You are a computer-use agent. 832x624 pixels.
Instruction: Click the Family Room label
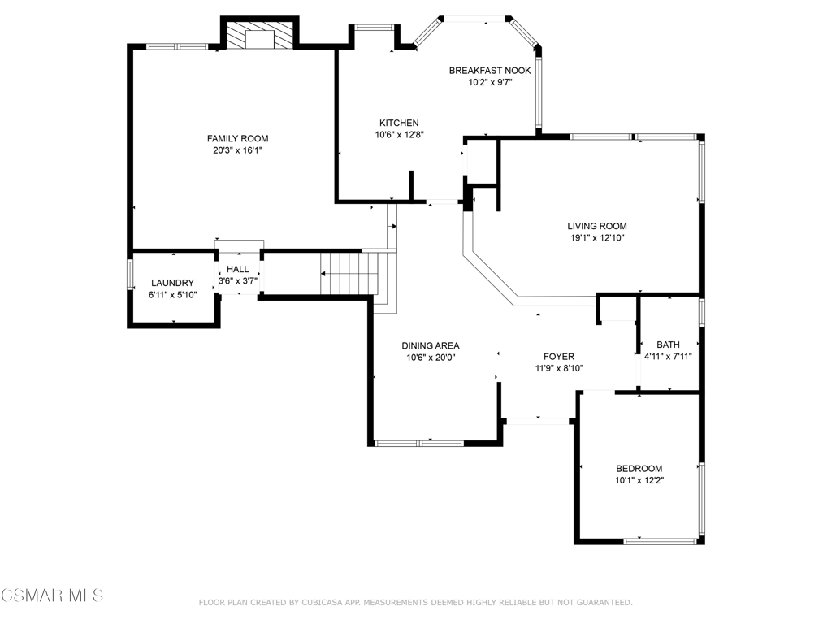tap(238, 138)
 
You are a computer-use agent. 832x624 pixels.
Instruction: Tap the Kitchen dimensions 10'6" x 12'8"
tap(400, 135)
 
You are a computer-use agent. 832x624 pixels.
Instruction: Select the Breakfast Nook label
tap(490, 71)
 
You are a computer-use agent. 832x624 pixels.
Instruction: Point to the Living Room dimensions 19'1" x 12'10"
tap(597, 238)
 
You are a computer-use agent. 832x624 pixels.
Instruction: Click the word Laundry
tap(172, 283)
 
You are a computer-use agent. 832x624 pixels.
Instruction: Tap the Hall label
tap(238, 269)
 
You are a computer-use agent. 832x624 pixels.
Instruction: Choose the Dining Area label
tap(431, 345)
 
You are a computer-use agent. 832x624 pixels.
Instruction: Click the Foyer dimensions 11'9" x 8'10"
tap(559, 368)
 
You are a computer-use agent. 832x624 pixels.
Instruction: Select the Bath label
tap(668, 344)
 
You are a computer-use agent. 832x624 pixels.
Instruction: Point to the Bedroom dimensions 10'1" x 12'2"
tap(639, 481)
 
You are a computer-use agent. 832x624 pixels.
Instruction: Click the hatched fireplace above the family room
tap(260, 36)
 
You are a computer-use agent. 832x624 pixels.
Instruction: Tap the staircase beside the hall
tap(349, 273)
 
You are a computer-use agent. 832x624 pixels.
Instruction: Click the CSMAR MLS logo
tap(52, 596)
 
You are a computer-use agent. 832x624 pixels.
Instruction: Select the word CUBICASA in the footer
tap(324, 603)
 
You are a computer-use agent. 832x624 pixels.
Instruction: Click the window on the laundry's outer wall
tap(130, 274)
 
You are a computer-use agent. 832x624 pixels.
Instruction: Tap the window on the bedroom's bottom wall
tap(660, 541)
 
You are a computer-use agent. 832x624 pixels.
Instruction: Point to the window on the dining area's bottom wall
tap(418, 443)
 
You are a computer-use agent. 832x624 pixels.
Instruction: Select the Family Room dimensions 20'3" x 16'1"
tap(238, 150)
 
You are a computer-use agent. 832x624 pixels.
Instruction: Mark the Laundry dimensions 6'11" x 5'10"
tap(172, 295)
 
